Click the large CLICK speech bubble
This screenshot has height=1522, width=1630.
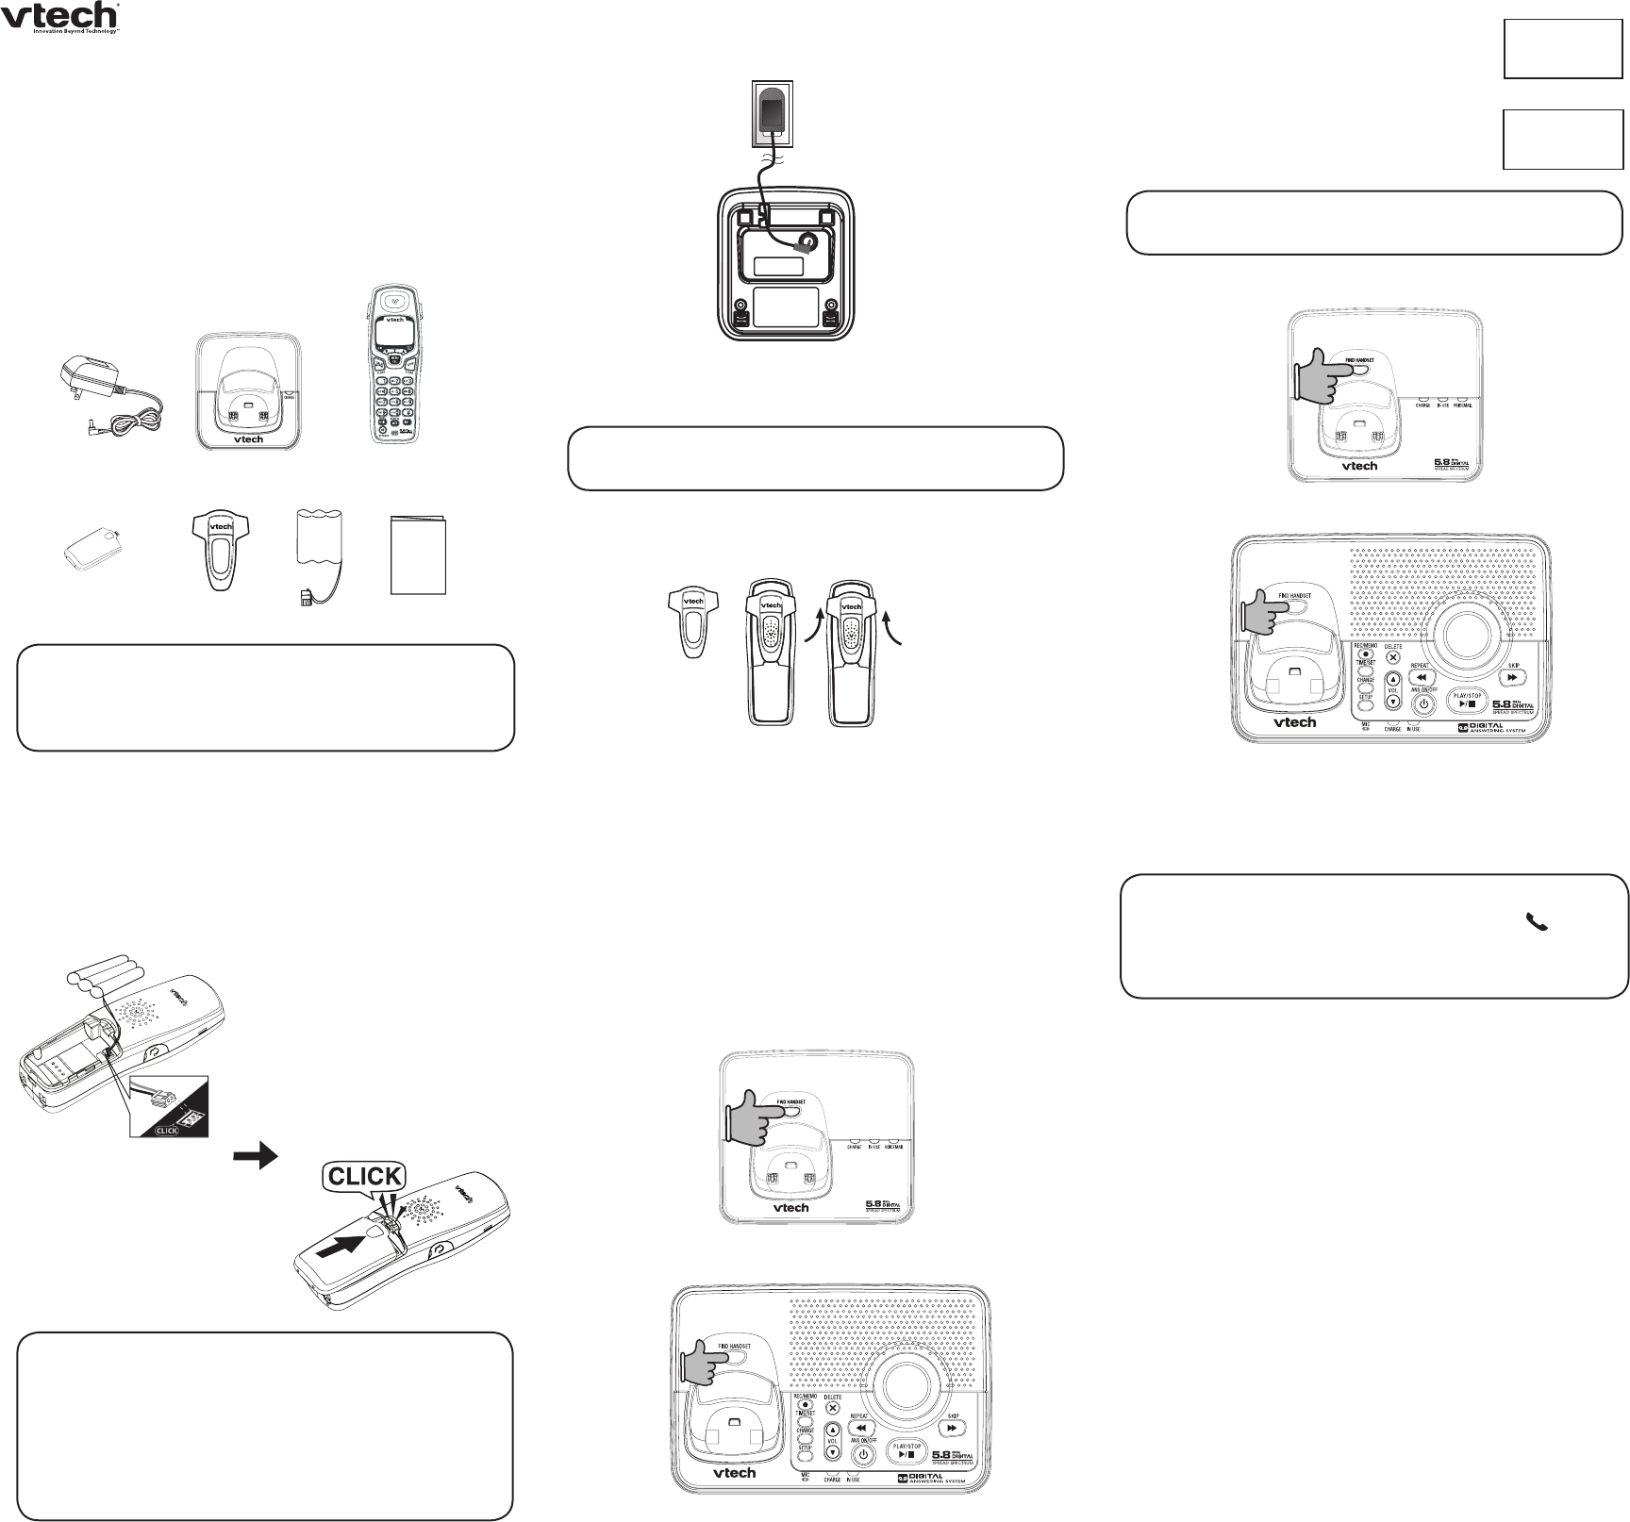pos(364,1176)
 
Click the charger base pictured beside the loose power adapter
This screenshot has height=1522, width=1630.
pos(250,390)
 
